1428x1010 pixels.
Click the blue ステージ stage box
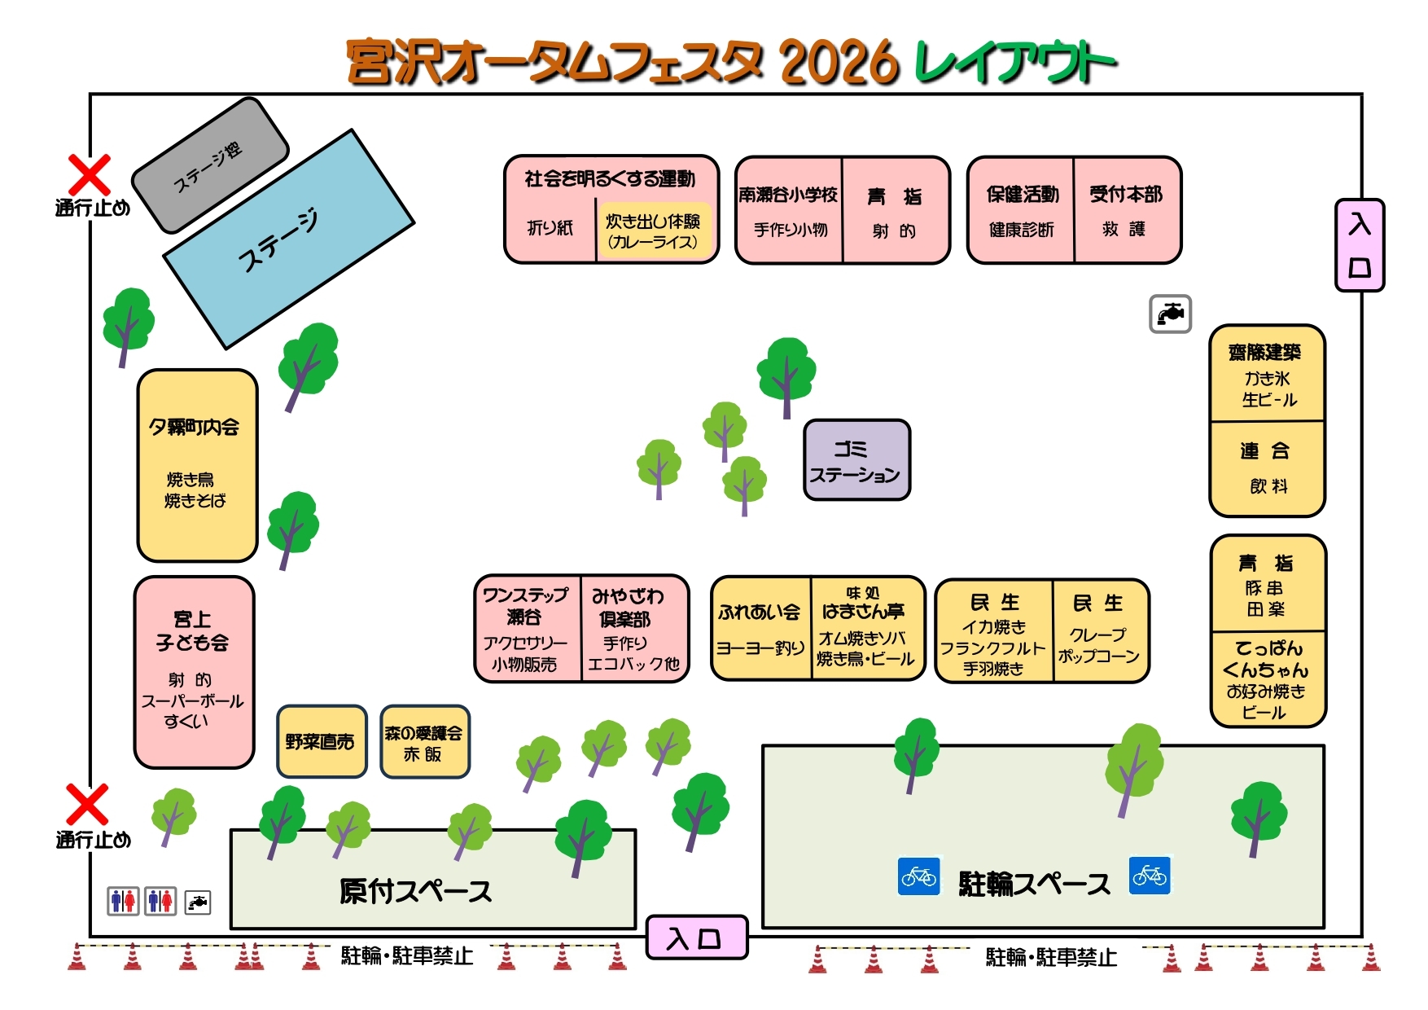[x=289, y=239]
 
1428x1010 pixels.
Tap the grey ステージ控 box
[x=210, y=165]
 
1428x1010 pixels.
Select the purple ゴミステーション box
[x=856, y=460]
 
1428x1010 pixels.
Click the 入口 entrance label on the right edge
[x=1360, y=245]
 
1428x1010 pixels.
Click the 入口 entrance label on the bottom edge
[x=696, y=938]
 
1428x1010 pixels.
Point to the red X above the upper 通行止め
[x=89, y=175]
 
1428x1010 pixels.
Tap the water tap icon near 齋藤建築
[x=1170, y=314]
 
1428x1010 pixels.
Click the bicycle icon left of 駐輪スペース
[x=919, y=876]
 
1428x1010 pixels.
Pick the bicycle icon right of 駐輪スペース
[x=1150, y=876]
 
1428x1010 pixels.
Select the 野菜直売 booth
[x=322, y=741]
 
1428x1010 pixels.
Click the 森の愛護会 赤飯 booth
[x=424, y=742]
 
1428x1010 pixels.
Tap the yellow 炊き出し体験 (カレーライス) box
[x=653, y=231]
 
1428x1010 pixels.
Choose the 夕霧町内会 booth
[x=197, y=465]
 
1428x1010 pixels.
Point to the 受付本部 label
[x=1126, y=194]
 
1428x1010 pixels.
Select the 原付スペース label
[x=415, y=891]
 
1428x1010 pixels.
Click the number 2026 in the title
[x=839, y=63]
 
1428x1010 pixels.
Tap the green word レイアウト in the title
[x=1014, y=63]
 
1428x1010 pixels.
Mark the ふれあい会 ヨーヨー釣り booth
[x=760, y=628]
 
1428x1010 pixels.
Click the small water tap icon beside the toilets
[x=198, y=902]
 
